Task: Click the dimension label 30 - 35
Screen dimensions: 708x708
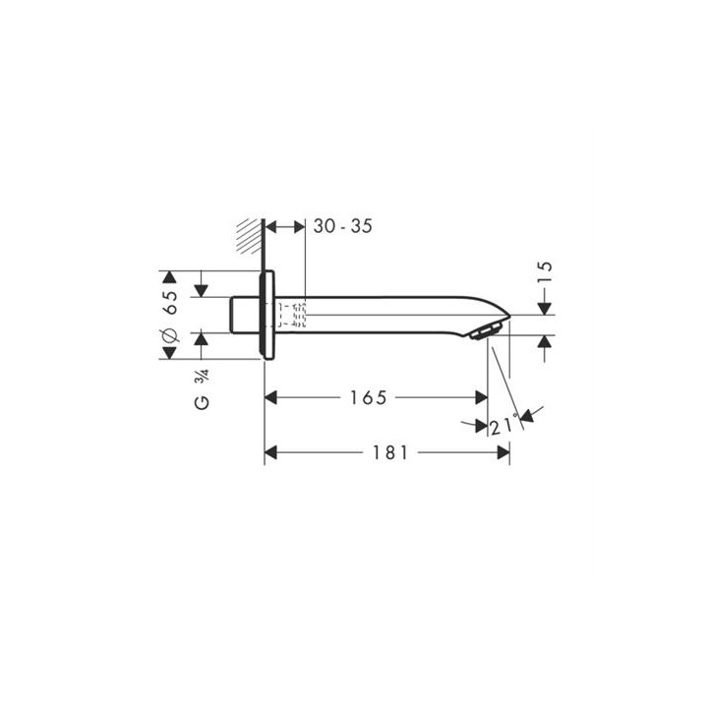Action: pos(343,226)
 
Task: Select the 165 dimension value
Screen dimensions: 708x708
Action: pos(369,398)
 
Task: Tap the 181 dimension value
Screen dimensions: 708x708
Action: pos(390,452)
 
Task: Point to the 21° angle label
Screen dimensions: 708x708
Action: pos(502,425)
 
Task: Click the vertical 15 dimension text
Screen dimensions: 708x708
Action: pos(545,272)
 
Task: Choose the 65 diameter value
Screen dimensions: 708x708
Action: pos(171,302)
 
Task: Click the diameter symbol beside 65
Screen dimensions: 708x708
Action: pos(170,334)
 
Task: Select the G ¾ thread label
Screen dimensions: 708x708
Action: pos(202,388)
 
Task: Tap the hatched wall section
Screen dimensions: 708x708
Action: pos(250,236)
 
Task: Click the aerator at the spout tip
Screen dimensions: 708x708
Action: pos(487,330)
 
